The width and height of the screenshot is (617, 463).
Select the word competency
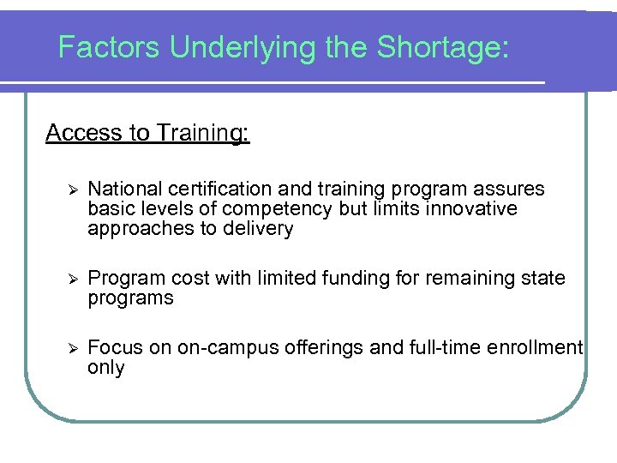(x=284, y=209)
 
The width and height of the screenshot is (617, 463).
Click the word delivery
(x=262, y=229)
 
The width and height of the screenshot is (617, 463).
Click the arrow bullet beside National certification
(x=73, y=189)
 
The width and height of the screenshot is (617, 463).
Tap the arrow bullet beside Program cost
(x=73, y=279)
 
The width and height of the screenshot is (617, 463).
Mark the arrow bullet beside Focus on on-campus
(x=73, y=348)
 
